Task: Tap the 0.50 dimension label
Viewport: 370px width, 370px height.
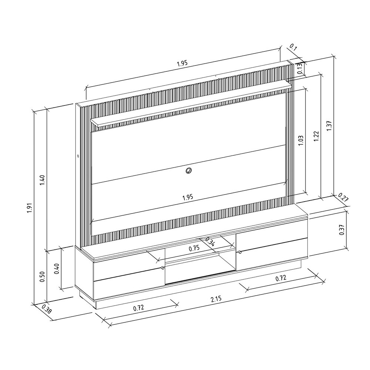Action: [x=42, y=276]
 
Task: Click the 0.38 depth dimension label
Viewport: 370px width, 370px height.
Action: [x=47, y=309]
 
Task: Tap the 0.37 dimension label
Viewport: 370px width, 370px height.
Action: [x=342, y=230]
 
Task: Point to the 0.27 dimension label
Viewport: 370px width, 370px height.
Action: [x=344, y=198]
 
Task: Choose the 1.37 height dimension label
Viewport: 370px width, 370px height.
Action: [x=329, y=126]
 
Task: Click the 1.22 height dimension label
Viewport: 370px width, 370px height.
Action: [x=316, y=136]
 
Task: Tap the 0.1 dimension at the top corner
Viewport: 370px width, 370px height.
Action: [x=293, y=47]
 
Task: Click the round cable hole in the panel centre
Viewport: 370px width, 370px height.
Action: [x=188, y=170]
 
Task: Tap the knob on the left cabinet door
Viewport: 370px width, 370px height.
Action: [x=163, y=268]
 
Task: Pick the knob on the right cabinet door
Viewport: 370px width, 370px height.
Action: [x=240, y=252]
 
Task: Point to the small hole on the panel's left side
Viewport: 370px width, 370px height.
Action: [x=78, y=155]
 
